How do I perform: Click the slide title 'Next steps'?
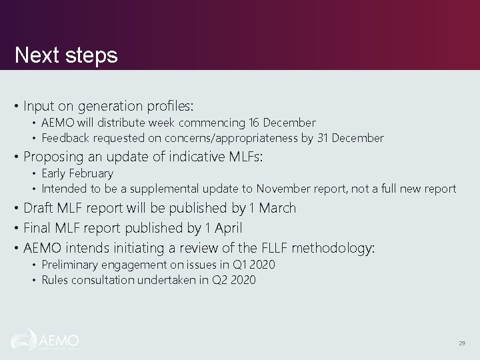tap(66, 55)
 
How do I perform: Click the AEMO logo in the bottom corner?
tap(45, 340)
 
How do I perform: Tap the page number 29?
tap(461, 343)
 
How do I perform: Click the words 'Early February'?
tap(77, 173)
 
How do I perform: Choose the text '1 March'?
tap(273, 208)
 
